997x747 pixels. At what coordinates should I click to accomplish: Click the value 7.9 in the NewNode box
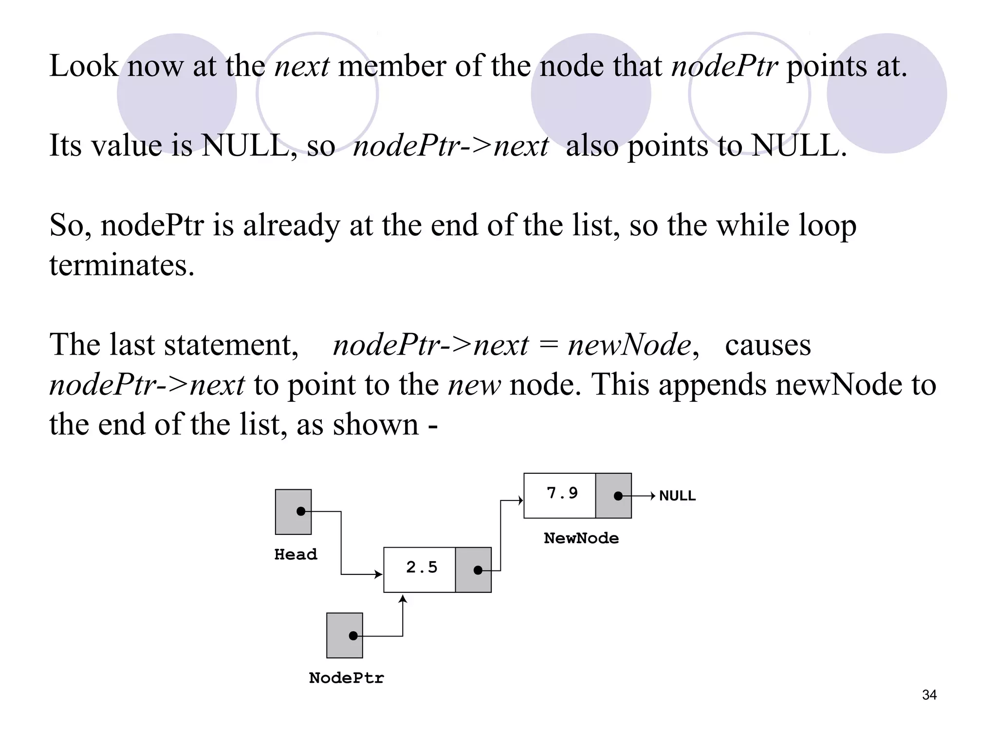562,494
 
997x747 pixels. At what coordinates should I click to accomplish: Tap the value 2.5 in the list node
422,568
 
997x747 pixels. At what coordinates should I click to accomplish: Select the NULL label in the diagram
677,496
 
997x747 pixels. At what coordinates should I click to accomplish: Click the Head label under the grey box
295,554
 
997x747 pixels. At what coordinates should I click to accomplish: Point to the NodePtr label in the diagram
346,678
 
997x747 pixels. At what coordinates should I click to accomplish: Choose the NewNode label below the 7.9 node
581,538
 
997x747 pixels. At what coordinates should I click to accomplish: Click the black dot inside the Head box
301,511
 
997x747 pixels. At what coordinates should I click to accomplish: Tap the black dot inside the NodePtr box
353,636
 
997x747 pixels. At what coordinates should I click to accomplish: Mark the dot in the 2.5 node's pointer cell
478,570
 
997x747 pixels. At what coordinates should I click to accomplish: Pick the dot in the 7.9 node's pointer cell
618,496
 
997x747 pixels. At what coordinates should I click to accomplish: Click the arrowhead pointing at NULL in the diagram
653,496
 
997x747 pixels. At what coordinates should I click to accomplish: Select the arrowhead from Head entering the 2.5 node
379,574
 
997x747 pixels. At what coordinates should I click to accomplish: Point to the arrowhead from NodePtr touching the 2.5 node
403,599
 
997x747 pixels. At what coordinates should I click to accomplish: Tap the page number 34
929,695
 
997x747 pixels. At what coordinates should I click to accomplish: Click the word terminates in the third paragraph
122,266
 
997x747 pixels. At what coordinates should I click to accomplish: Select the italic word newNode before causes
629,345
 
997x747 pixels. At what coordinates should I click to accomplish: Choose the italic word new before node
474,385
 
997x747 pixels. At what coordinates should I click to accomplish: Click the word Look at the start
84,66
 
